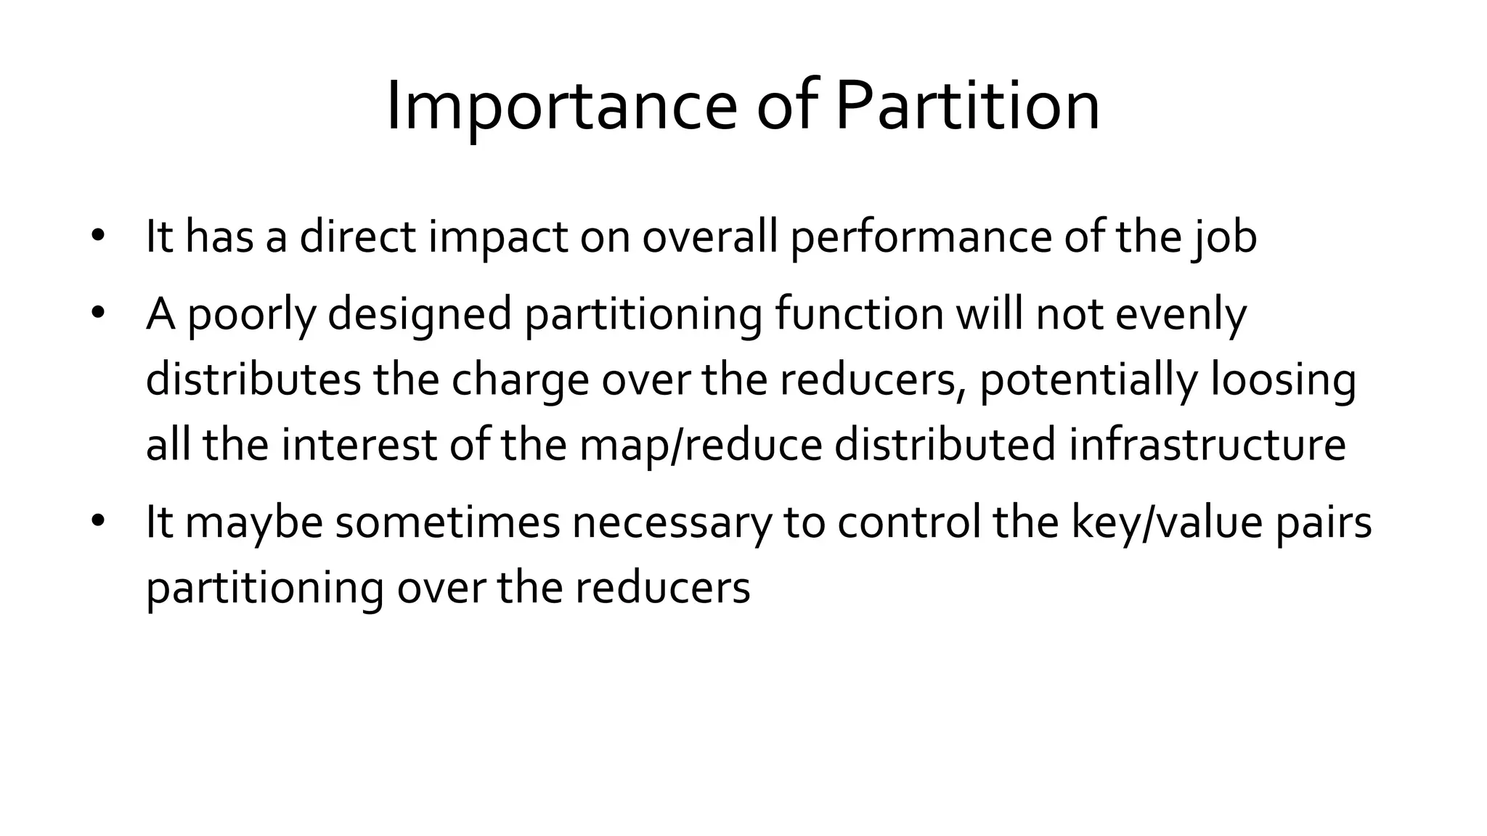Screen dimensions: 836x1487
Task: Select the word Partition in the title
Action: pos(967,107)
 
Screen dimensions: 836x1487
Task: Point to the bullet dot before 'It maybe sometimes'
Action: pos(98,521)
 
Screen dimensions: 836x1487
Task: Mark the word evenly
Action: pos(1181,314)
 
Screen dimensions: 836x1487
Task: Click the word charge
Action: pos(520,380)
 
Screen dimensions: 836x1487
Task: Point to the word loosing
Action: pos(1283,380)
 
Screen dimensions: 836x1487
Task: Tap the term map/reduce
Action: pos(701,445)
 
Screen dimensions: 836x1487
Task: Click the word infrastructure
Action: pos(1207,443)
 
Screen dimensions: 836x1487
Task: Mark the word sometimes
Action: pos(447,521)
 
